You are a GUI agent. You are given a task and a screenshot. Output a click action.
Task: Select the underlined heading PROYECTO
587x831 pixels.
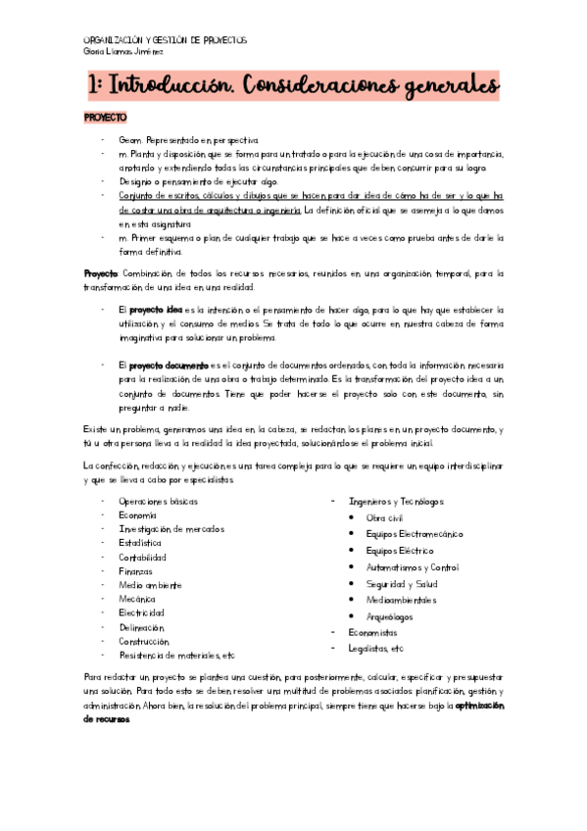coord(105,118)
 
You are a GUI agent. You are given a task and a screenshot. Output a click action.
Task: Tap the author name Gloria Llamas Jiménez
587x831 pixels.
coord(123,53)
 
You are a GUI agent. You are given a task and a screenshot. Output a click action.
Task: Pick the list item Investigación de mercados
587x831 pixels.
coord(171,529)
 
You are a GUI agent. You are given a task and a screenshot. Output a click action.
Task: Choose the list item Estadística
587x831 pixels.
coord(140,543)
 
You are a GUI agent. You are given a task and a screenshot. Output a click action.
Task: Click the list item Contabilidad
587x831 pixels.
coord(143,557)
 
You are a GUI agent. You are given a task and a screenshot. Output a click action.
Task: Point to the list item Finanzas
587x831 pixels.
coord(136,570)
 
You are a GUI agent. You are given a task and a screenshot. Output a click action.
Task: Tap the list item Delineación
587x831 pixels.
coord(142,627)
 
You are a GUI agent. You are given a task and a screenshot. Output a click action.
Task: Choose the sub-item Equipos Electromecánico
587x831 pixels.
coord(415,534)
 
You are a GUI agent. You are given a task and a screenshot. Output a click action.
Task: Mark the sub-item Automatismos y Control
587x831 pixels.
coord(412,567)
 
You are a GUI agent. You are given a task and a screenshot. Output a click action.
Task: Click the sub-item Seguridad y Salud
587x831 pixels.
coord(402,584)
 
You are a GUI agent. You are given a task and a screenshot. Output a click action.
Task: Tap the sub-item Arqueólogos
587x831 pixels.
coord(389,617)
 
